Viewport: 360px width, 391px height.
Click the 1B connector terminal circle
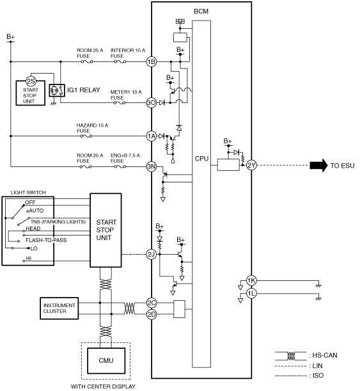pyautogui.click(x=152, y=61)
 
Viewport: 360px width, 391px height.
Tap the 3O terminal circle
pyautogui.click(x=152, y=102)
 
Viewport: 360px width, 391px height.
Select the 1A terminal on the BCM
pyautogui.click(x=152, y=136)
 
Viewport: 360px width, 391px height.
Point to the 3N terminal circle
pyautogui.click(x=152, y=166)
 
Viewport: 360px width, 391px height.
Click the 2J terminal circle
pyautogui.click(x=152, y=254)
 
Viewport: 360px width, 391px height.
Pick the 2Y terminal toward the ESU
pyautogui.click(x=252, y=165)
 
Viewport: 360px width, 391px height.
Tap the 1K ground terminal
pyautogui.click(x=251, y=280)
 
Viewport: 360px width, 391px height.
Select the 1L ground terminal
pyautogui.click(x=251, y=294)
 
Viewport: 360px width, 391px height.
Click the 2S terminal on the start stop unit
pyautogui.click(x=31, y=81)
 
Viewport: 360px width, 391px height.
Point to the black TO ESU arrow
pyautogui.click(x=318, y=165)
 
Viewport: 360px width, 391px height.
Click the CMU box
pyautogui.click(x=106, y=360)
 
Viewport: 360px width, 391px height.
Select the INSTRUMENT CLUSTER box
pyautogui.click(x=59, y=308)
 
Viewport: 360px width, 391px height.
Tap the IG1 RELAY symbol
pyautogui.click(x=57, y=90)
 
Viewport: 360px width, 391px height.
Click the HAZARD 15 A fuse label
pyautogui.click(x=92, y=128)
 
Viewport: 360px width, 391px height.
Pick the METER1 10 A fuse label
pyautogui.click(x=126, y=95)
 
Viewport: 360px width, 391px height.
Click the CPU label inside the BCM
pyautogui.click(x=201, y=159)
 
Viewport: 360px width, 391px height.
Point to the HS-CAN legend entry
pyautogui.click(x=306, y=356)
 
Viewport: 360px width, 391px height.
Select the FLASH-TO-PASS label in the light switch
pyautogui.click(x=46, y=240)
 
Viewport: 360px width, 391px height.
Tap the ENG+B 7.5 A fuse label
pyautogui.click(x=125, y=158)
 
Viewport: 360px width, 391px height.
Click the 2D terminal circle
pyautogui.click(x=152, y=314)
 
